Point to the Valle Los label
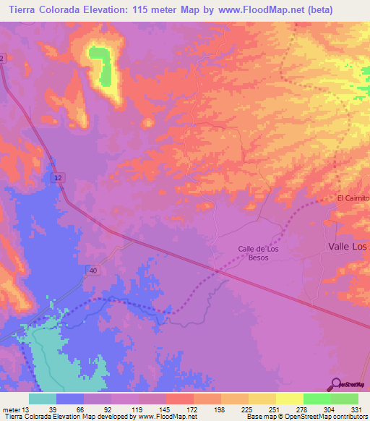click(x=348, y=247)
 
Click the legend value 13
click(x=27, y=408)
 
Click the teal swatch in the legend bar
click(x=42, y=399)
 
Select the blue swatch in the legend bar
click(x=70, y=399)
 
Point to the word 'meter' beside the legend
click(x=11, y=408)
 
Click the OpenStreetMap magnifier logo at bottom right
click(x=335, y=383)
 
